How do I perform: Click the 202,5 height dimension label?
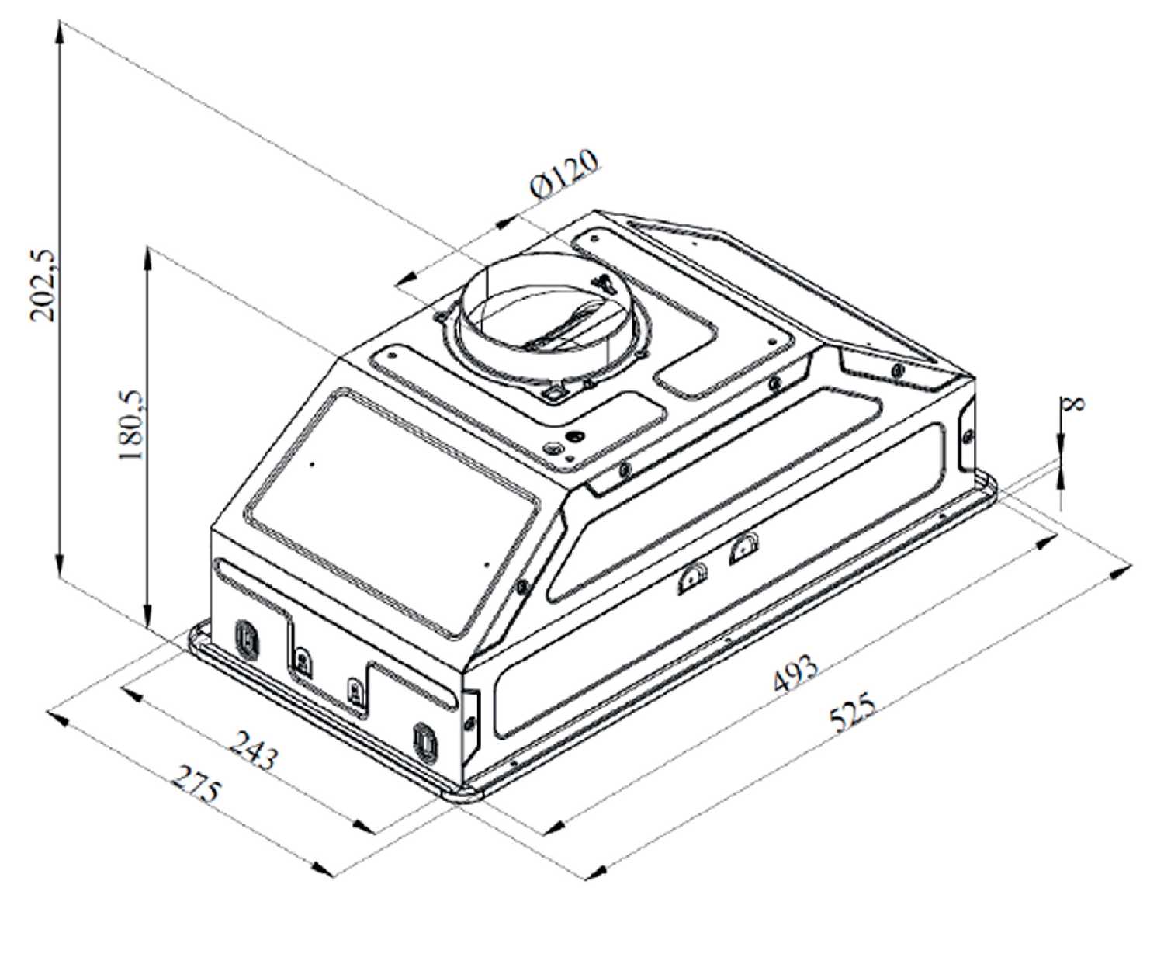(x=43, y=286)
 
